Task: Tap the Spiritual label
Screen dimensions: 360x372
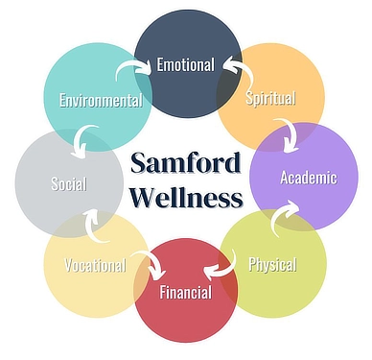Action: tap(270, 98)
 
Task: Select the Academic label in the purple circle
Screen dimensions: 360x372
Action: tap(308, 178)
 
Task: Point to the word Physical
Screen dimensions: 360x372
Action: tap(272, 264)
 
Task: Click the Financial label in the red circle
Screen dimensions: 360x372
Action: tap(186, 293)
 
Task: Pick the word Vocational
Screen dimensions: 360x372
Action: tap(95, 265)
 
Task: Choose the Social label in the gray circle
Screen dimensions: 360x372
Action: tap(69, 184)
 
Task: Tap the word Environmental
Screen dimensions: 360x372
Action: tap(101, 100)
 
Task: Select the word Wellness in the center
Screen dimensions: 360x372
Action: tap(186, 199)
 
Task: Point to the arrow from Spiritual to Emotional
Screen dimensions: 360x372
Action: tap(237, 70)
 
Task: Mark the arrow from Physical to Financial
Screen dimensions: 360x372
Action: tap(221, 263)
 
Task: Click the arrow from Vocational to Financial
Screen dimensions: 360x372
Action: tap(148, 262)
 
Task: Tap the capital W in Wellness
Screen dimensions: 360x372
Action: tap(141, 199)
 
